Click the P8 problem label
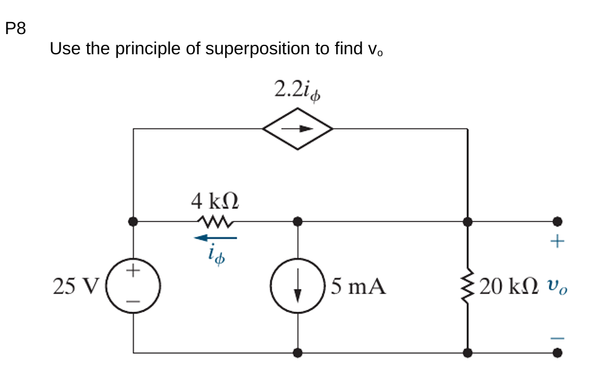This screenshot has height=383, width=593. coord(15,28)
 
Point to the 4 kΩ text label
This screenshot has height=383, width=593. coord(215,201)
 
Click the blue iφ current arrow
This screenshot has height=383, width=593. coord(215,238)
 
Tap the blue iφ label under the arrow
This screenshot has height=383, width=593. coord(216,255)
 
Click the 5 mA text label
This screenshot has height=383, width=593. coord(358,287)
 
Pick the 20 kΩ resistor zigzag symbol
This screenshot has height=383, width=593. coord(467,286)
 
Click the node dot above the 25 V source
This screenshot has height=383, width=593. coord(133,221)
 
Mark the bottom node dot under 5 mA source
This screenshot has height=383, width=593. coord(298,353)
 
